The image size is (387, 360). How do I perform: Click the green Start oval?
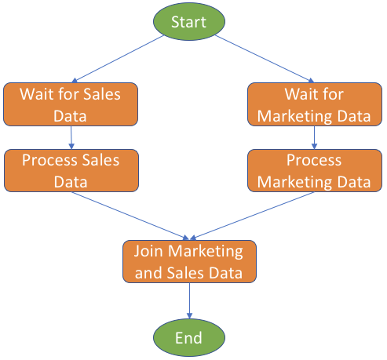pos(189,21)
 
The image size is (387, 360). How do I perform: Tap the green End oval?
pos(189,337)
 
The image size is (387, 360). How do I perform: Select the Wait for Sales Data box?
pos(71,104)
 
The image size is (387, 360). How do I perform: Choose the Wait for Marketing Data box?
pos(315,104)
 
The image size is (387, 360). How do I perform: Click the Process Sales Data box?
pos(71,170)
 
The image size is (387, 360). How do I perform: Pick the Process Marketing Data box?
pos(315,170)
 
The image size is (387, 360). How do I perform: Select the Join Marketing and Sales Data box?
pos(189,261)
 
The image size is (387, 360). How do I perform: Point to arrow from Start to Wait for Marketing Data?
pos(265,59)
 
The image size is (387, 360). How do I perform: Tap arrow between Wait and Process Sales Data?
pos(71,138)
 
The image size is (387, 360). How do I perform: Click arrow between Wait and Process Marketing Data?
pos(314,138)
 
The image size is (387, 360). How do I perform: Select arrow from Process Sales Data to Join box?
pos(130,216)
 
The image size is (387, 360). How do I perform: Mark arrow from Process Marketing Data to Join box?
pos(252,216)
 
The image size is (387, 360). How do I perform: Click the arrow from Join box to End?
pos(189,300)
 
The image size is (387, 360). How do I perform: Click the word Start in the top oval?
pos(188,22)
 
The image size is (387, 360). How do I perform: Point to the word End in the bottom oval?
pos(188,338)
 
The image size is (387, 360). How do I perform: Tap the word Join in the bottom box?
pos(148,252)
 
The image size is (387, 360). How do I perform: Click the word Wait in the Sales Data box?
pos(36,94)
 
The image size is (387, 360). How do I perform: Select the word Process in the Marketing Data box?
pos(314,160)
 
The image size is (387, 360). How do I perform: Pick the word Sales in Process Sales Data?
pos(100,160)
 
